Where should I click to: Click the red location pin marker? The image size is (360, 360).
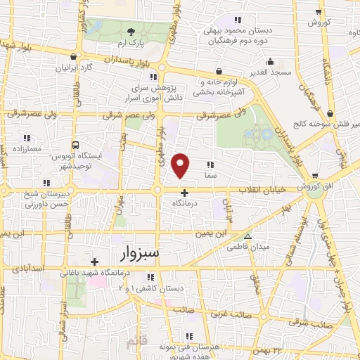[181, 166]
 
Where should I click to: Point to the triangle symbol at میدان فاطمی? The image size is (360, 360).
[247, 236]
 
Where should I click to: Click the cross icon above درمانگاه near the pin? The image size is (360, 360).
[184, 193]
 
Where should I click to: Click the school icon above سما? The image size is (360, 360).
[210, 164]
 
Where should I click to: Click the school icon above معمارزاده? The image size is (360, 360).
[27, 138]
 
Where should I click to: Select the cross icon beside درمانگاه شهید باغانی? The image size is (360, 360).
[94, 262]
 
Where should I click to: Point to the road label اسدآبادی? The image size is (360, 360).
[29, 269]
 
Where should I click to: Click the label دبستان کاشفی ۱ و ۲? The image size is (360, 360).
[160, 288]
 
